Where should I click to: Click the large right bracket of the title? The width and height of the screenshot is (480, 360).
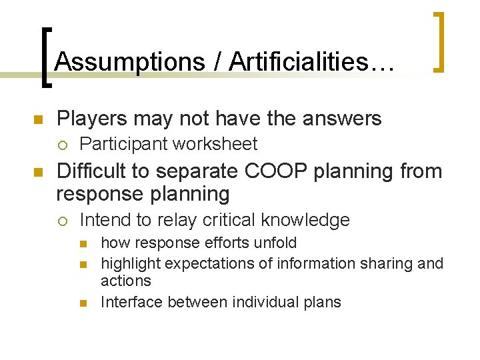[x=439, y=41]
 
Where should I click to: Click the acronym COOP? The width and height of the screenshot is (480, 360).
[x=269, y=171]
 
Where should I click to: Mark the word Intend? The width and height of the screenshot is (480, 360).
[x=102, y=220]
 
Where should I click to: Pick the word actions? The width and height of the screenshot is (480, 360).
[x=126, y=281]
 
